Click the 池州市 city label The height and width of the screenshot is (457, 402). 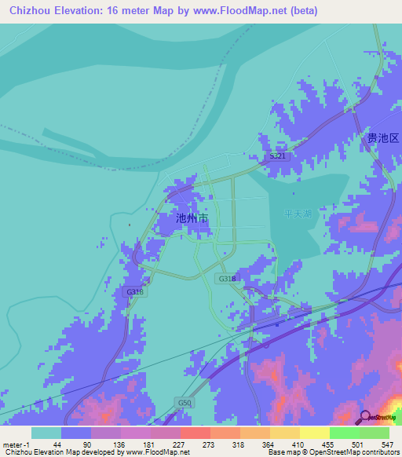click(192, 218)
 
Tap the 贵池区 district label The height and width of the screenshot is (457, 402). click(383, 138)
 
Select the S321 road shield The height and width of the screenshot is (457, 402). click(279, 157)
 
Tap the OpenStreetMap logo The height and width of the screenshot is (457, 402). click(378, 417)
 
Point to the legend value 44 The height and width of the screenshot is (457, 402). click(46, 444)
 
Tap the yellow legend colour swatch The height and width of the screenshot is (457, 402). click(315, 433)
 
